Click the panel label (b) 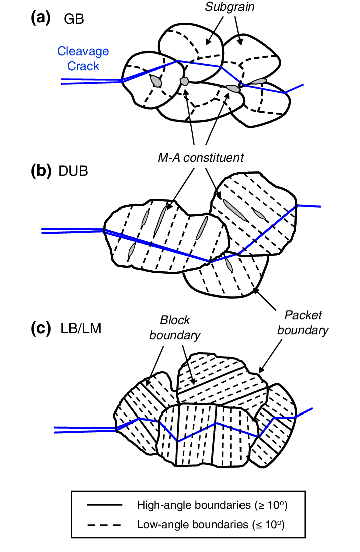(40, 171)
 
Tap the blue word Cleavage (83, 51)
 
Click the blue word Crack (83, 66)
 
